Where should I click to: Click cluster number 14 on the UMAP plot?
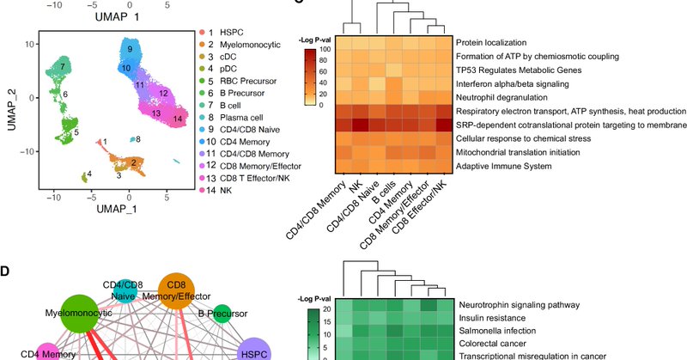click(x=177, y=119)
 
